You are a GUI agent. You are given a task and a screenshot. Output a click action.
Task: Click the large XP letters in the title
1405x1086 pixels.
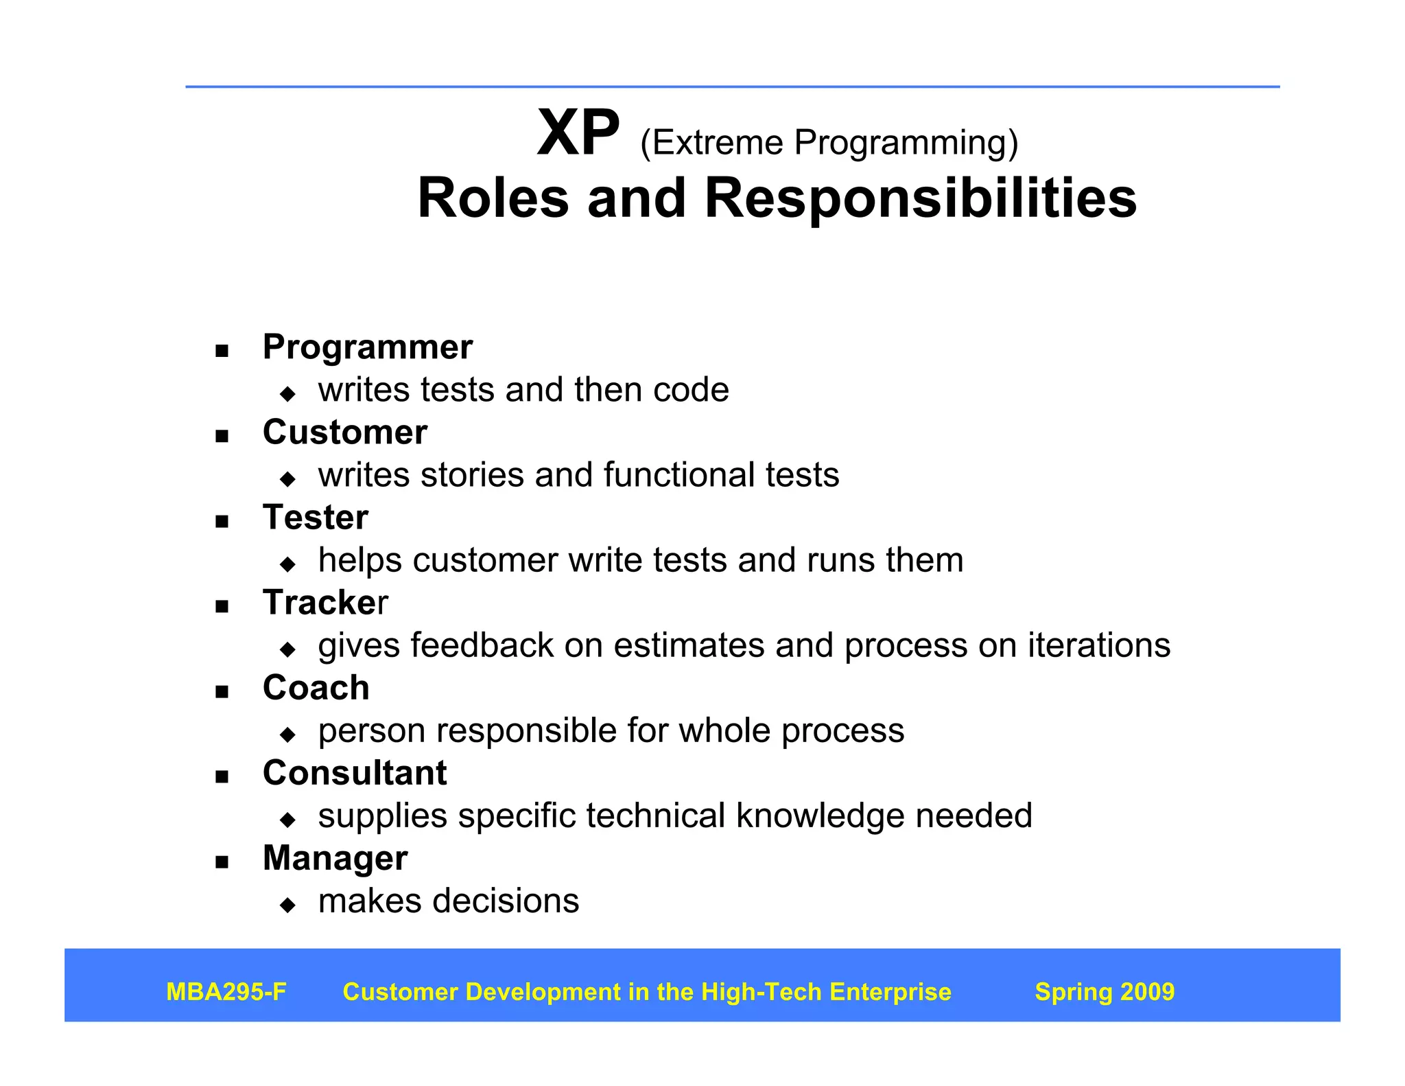pyautogui.click(x=578, y=133)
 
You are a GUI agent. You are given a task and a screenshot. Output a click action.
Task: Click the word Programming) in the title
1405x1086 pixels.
pyautogui.click(x=906, y=143)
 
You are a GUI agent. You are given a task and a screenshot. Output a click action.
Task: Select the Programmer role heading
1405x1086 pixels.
pyautogui.click(x=368, y=347)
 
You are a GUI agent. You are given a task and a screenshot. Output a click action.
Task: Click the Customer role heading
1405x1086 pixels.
pyautogui.click(x=344, y=432)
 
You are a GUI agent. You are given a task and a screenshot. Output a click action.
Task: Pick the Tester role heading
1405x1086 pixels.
pyautogui.click(x=315, y=517)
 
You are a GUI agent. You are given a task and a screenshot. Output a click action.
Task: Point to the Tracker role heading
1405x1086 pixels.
pyautogui.click(x=325, y=603)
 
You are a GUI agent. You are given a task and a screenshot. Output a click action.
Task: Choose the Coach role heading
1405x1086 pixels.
pyautogui.click(x=316, y=688)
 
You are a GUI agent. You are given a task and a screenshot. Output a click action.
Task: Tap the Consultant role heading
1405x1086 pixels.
pyautogui.click(x=355, y=773)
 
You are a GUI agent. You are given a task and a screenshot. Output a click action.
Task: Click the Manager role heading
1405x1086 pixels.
pyautogui.click(x=335, y=858)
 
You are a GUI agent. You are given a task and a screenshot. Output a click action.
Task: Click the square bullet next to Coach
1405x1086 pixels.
pyautogui.click(x=221, y=692)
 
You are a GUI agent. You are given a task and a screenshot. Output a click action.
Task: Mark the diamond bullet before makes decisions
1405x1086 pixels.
pyautogui.click(x=287, y=905)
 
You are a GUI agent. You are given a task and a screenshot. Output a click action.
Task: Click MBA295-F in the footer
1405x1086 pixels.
pyautogui.click(x=226, y=992)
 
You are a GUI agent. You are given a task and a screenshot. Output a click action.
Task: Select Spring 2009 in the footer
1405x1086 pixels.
pyautogui.click(x=1104, y=992)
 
